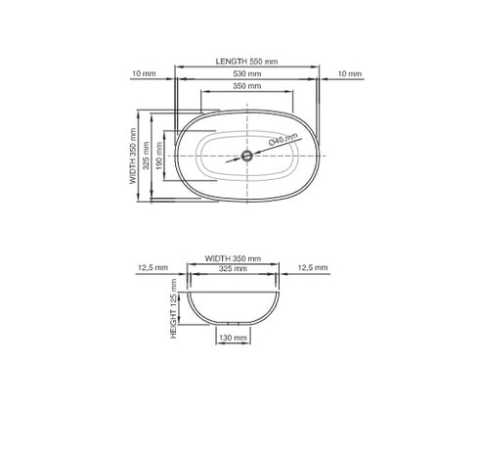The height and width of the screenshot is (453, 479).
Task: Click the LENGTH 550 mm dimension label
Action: [246, 61]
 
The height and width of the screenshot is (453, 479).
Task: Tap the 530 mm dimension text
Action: [246, 73]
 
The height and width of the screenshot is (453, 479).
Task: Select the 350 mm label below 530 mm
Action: [246, 86]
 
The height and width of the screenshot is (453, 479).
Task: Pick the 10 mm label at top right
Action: [348, 73]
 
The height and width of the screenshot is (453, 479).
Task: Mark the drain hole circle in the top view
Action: [248, 156]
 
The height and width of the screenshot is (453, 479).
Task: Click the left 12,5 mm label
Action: [154, 267]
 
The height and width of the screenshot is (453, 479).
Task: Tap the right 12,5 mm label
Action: [313, 267]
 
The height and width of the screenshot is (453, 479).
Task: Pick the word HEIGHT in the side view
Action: [174, 324]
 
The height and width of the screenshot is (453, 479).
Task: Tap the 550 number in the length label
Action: [256, 61]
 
